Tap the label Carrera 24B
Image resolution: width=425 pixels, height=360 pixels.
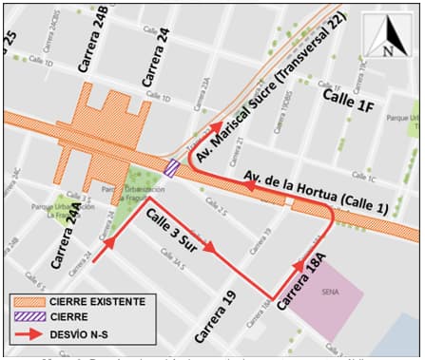pyautogui.click(x=102, y=42)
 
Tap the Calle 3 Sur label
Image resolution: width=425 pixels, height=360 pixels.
pyautogui.click(x=178, y=233)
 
